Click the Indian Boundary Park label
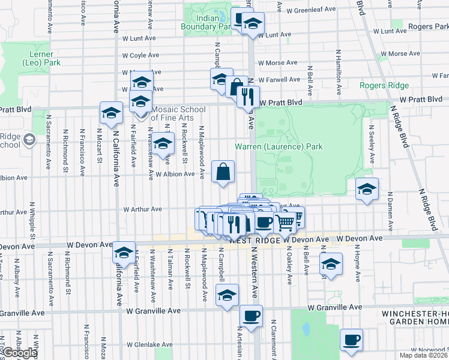[208, 22]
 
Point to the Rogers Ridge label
[384, 86]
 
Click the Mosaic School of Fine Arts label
[178, 113]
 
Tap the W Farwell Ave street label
[280, 79]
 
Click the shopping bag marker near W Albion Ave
[223, 172]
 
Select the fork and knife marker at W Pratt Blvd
[248, 96]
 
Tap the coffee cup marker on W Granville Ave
[251, 315]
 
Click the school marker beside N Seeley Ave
[367, 189]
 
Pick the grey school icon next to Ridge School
[29, 140]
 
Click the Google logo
[20, 353]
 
